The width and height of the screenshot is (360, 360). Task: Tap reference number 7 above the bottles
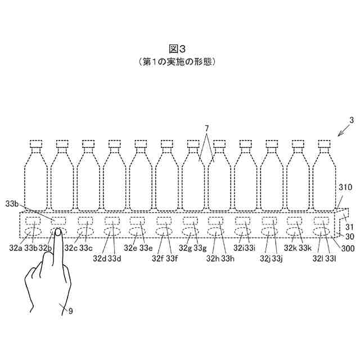coord(206,129)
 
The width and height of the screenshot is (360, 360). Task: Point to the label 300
coord(345,246)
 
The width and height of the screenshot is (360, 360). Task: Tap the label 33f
coord(173,258)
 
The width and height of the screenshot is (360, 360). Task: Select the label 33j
coord(277,258)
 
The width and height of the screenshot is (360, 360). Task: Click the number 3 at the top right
coord(351,120)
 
